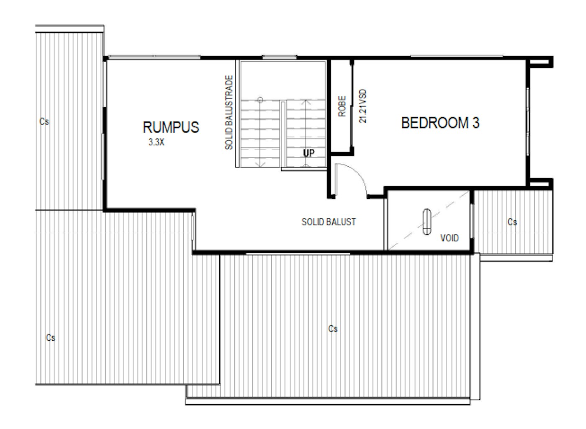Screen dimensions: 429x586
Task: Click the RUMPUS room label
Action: (x=171, y=127)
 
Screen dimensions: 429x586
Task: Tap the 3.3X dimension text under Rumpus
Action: (x=156, y=142)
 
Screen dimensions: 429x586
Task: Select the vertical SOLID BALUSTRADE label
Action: (x=229, y=112)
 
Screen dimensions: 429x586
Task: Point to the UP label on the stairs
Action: (x=308, y=153)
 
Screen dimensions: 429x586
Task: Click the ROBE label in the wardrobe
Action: (x=342, y=106)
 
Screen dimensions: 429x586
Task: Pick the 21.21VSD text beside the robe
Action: (x=363, y=106)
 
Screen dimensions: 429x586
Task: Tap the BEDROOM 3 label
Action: (x=440, y=123)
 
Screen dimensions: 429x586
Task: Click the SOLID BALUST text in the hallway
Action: (x=329, y=222)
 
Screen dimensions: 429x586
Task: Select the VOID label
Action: (x=449, y=238)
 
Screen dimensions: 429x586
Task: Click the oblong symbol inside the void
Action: (x=427, y=221)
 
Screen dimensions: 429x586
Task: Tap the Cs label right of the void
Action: (x=512, y=222)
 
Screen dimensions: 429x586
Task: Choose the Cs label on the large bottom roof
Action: (x=333, y=329)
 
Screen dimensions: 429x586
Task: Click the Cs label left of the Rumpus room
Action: (x=44, y=121)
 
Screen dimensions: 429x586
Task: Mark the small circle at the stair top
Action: (x=260, y=100)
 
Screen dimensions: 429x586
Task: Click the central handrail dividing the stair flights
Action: (x=283, y=134)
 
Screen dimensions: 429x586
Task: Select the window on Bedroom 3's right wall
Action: (x=528, y=121)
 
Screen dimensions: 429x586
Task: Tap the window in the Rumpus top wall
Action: (x=154, y=57)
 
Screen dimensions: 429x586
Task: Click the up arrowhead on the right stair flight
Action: (x=306, y=101)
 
